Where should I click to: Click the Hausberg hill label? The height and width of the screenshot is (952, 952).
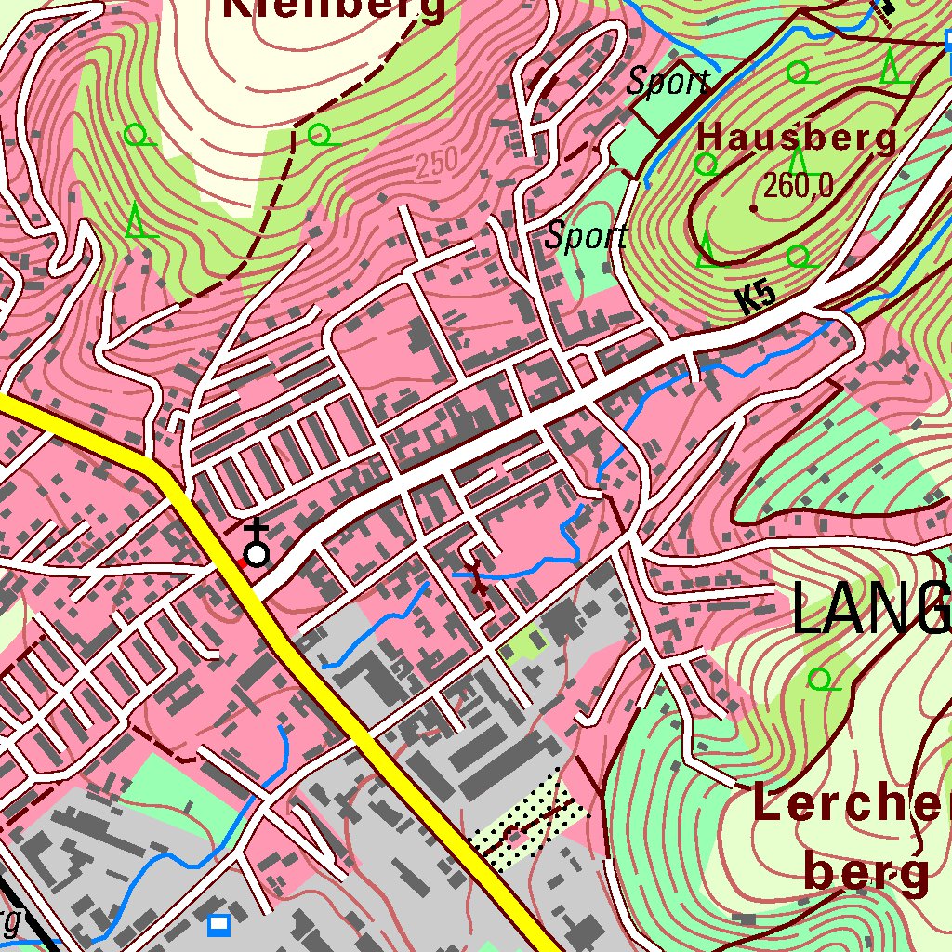(797, 138)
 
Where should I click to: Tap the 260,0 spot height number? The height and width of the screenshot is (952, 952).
(798, 187)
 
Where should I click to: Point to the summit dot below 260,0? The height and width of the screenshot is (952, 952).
(753, 207)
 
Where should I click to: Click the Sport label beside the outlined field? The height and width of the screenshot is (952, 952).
(668, 82)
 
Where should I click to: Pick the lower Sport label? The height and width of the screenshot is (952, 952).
(586, 236)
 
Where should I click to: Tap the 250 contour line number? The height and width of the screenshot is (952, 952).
(437, 164)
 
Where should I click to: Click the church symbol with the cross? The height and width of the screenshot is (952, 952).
(257, 549)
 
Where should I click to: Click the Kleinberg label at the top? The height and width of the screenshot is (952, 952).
(336, 9)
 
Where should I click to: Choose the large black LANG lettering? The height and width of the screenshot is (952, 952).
(870, 610)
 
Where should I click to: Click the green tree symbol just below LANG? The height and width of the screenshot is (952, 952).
(820, 680)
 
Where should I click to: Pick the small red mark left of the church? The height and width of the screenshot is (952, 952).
(240, 562)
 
